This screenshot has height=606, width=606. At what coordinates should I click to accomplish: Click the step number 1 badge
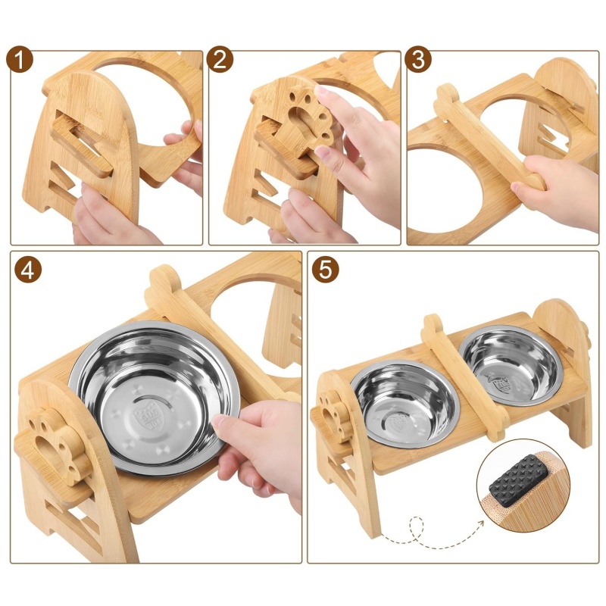click(x=20, y=60)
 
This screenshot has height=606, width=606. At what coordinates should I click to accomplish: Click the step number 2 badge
click(x=220, y=60)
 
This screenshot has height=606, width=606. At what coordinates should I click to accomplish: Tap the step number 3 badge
click(x=418, y=60)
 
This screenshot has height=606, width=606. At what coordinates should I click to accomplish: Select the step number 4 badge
click(x=28, y=270)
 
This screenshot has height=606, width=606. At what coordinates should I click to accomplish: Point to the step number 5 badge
click(x=326, y=270)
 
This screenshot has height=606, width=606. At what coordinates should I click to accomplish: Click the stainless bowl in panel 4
click(x=154, y=398)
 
